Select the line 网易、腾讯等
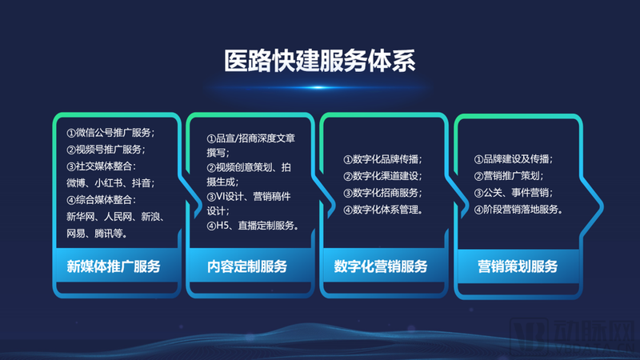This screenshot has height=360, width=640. pos(96,234)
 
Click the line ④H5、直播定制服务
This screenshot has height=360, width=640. pos(252,226)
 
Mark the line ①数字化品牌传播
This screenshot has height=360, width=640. pos(382,159)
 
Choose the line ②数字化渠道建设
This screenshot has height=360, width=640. pos(382,176)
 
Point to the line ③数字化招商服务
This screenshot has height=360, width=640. pos(382,193)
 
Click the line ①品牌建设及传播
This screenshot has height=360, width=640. pos(513,159)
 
